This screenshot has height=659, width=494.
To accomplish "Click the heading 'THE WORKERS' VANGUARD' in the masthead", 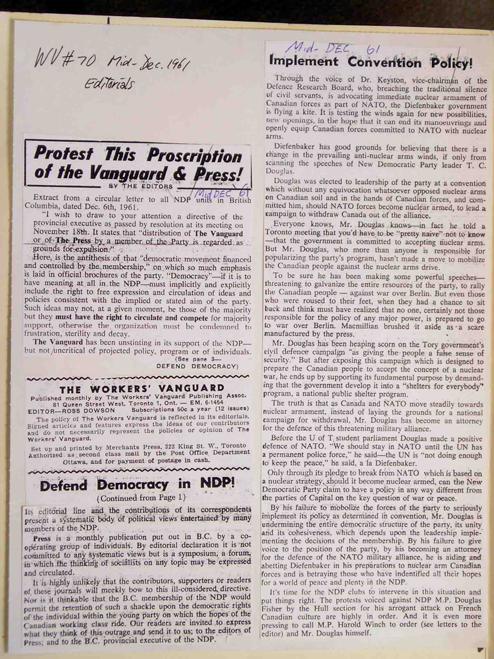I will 142,388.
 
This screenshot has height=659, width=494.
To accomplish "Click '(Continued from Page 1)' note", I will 141,497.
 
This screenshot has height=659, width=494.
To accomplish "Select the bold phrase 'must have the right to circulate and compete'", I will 132,318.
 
